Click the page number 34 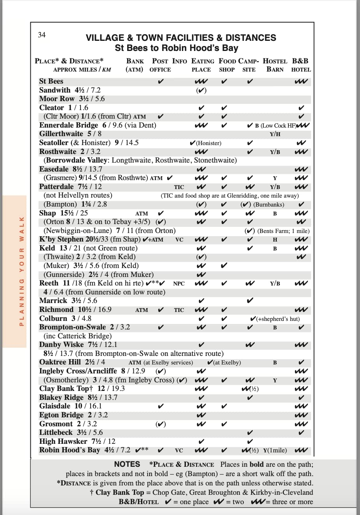42,35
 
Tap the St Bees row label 51,81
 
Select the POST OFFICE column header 160,65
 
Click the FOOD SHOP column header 227,65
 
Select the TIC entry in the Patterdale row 179,187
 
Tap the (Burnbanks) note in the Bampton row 269,205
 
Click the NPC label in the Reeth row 179,284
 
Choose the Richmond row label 56,310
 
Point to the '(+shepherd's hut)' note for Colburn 278,319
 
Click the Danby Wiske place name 61,345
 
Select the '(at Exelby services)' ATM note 168,363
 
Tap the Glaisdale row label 55,406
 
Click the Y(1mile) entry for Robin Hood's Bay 275,450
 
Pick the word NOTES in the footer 127,464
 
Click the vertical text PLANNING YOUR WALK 22,271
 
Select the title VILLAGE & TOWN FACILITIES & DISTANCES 181,38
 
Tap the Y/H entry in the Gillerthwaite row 275,134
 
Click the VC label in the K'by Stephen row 179,240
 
